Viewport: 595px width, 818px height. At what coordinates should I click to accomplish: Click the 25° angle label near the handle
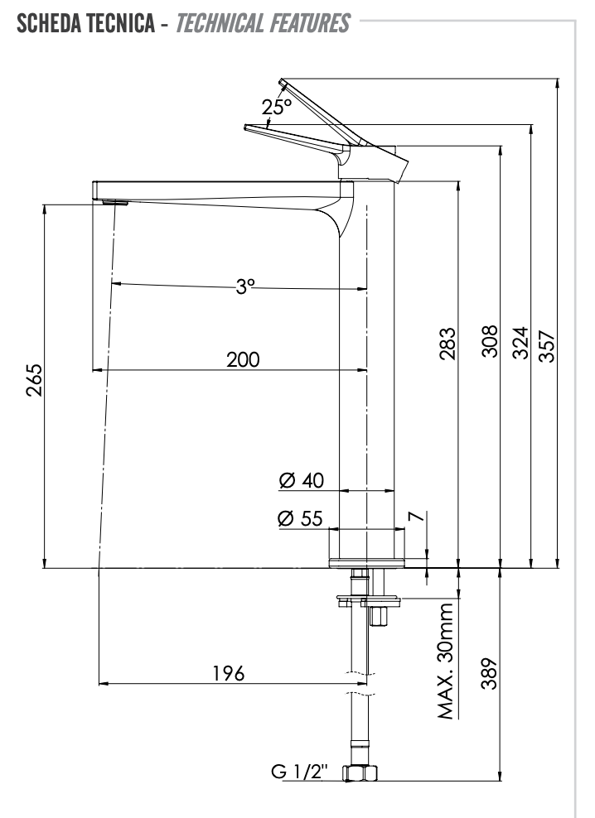(277, 107)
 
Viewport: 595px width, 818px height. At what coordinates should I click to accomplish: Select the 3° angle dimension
(244, 286)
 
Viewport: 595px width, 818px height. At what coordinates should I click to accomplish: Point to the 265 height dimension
(32, 380)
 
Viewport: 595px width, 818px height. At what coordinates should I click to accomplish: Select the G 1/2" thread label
(299, 772)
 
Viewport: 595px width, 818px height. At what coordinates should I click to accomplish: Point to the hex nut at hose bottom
(360, 773)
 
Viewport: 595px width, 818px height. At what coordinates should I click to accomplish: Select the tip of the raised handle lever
(283, 81)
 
